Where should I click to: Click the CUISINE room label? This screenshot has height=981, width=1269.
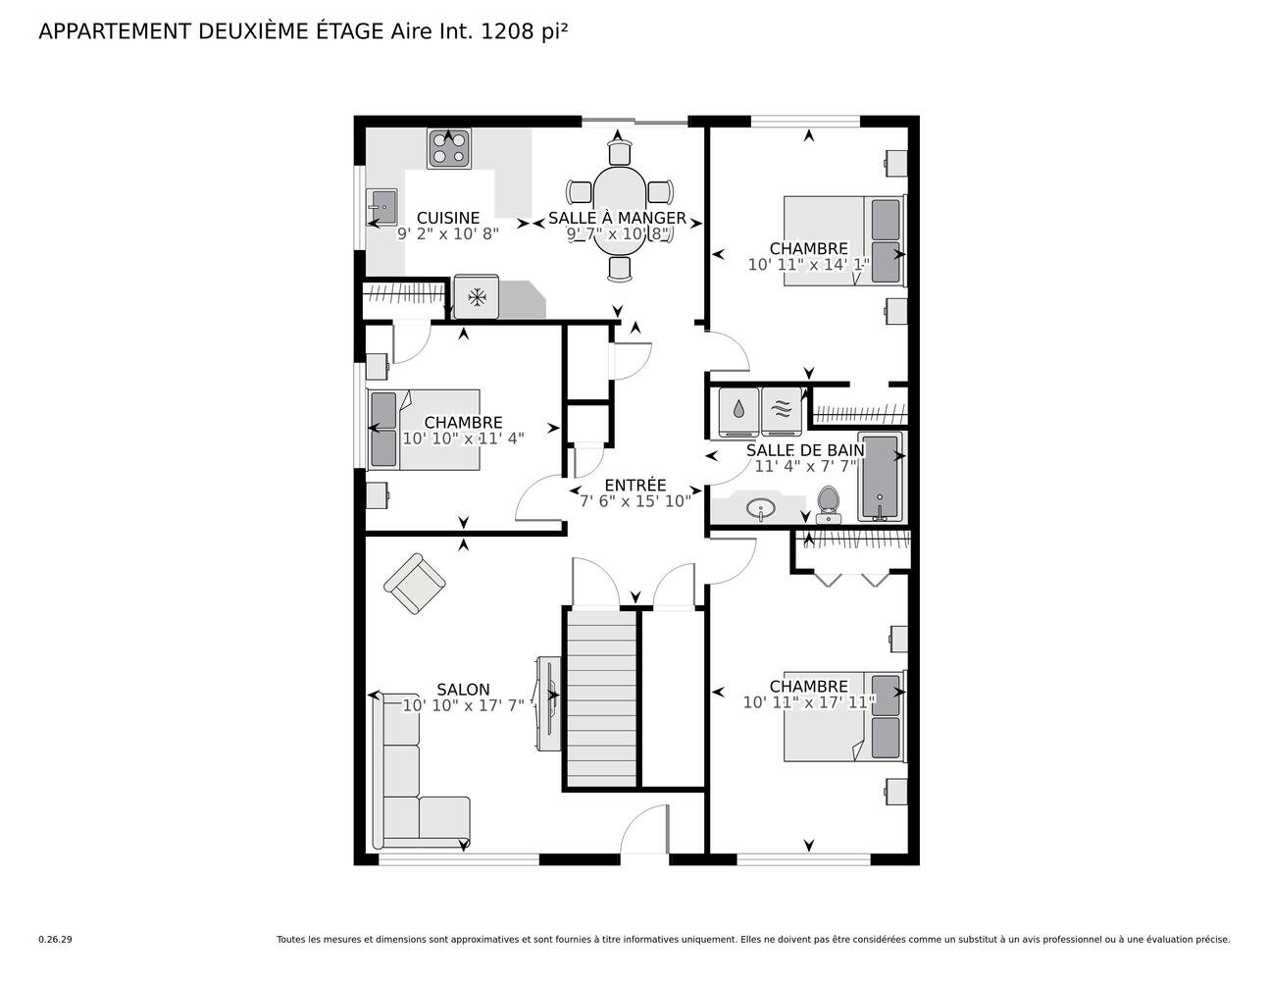448,218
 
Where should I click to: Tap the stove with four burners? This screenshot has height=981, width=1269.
448,148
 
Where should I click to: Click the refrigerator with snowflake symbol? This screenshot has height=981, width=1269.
477,297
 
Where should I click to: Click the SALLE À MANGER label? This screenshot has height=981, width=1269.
617,218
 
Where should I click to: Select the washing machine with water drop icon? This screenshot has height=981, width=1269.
738,411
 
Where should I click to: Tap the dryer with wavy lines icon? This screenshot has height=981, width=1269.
782,411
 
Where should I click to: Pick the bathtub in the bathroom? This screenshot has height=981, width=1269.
882,476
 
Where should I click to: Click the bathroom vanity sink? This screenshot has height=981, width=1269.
760,508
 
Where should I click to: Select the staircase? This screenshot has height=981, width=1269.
601,697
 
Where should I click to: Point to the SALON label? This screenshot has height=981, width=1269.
463,690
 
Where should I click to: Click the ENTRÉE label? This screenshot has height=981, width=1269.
634,485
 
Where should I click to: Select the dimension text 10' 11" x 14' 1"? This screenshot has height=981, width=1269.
808,264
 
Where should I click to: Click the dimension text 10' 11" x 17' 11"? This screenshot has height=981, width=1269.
808,702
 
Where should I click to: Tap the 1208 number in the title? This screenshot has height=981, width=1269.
505,31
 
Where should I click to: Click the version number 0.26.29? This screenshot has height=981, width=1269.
55,939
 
